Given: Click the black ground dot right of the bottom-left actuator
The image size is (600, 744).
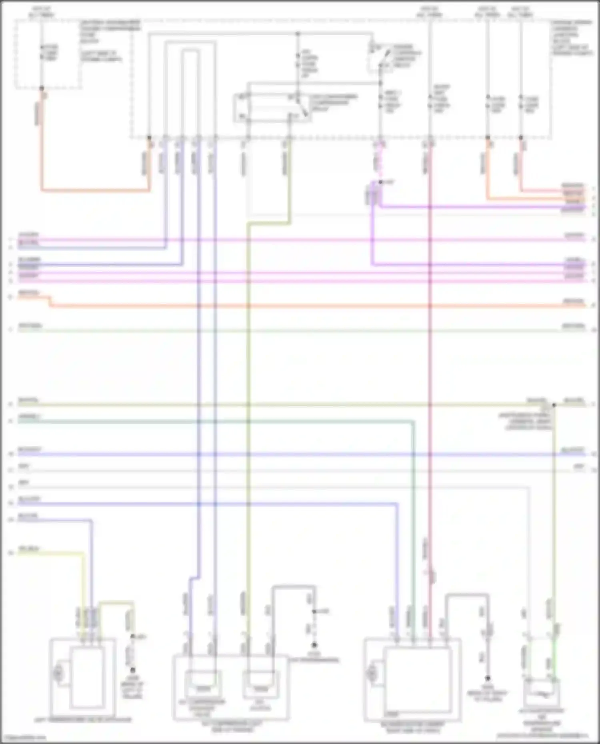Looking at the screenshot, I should [x=132, y=670].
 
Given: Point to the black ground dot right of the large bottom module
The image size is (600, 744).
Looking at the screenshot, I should [x=488, y=678].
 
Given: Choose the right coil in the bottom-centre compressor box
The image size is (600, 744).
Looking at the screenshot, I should [x=261, y=682].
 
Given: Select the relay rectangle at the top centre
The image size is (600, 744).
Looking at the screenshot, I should [x=272, y=107].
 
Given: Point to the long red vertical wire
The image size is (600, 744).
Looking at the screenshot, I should [x=430, y=360].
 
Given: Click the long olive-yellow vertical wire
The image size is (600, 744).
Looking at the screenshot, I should [x=248, y=400].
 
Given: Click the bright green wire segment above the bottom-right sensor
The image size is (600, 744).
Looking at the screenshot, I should [x=554, y=660].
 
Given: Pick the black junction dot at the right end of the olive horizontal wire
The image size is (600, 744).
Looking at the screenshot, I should [x=554, y=405].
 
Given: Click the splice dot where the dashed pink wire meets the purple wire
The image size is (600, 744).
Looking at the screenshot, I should [x=380, y=182].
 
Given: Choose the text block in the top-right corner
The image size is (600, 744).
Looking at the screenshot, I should [x=572, y=38].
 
